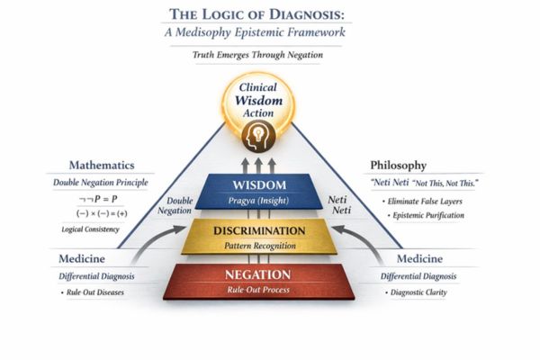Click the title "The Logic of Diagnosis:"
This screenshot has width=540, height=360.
point(269,13)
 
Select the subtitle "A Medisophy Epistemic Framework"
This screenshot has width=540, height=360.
point(269,32)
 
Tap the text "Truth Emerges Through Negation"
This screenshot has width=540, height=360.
point(269,55)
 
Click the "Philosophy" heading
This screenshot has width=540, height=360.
point(398,166)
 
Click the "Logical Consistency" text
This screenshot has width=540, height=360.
point(101,231)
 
